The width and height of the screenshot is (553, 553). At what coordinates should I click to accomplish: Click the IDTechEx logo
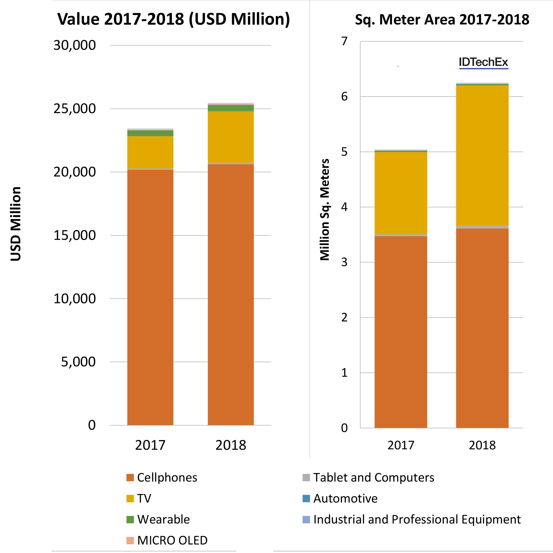pyautogui.click(x=483, y=62)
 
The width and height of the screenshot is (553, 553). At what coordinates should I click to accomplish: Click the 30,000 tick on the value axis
pyautogui.click(x=74, y=45)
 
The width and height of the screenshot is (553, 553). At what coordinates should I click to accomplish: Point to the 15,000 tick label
pyautogui.click(x=74, y=235)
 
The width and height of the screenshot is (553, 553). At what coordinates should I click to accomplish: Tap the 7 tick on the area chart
pyautogui.click(x=344, y=41)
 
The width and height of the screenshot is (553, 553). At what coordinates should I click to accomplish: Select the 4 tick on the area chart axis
pyautogui.click(x=344, y=207)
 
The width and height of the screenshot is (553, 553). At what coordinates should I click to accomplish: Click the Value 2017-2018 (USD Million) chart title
pyautogui.click(x=174, y=19)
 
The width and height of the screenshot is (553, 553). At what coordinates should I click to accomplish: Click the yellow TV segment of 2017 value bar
pyautogui.click(x=150, y=152)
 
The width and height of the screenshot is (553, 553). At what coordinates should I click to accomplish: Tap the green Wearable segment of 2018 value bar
pyautogui.click(x=231, y=108)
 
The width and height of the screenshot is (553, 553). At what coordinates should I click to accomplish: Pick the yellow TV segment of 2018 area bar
pyautogui.click(x=482, y=156)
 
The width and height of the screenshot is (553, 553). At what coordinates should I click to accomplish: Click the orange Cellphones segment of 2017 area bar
pyautogui.click(x=401, y=332)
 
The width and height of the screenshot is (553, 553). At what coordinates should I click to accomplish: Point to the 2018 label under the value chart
pyautogui.click(x=231, y=445)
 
